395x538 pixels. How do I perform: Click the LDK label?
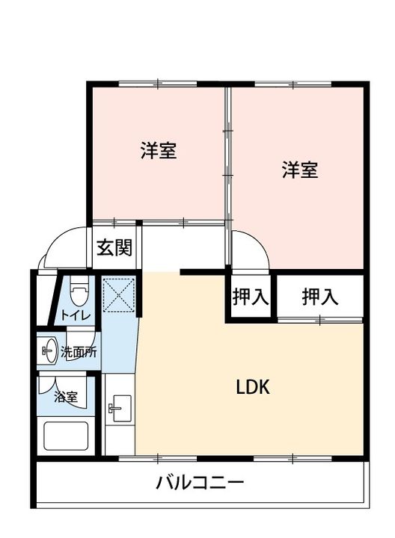coord(252,388)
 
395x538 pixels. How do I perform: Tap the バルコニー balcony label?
coord(200,483)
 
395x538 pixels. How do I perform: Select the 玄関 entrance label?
coord(114,247)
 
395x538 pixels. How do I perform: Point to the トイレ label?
coord(76,315)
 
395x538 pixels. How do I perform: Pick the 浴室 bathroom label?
coord(66,397)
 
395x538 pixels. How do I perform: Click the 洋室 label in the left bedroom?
coord(158,150)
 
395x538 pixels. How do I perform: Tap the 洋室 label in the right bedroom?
coord(300,170)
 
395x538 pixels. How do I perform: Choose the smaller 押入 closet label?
coord(250,297)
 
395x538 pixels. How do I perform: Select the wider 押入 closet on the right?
coord(320,297)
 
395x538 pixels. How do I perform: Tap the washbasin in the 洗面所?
coord(49,350)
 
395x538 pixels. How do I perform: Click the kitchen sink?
coord(117,408)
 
